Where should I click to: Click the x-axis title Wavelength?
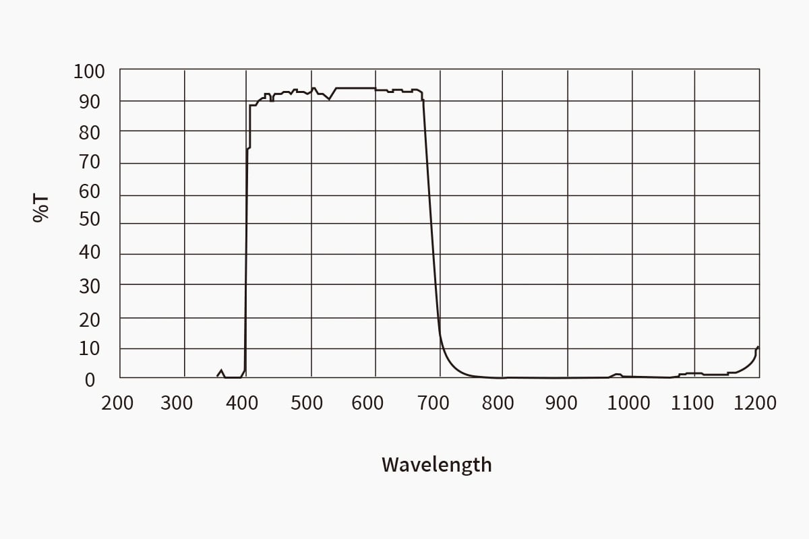(436, 464)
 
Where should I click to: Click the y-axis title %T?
(41, 208)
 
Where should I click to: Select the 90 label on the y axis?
(89, 101)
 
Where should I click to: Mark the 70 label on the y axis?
(89, 162)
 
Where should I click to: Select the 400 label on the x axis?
(242, 403)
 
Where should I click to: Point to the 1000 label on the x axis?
(628, 403)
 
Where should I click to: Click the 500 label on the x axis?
(307, 403)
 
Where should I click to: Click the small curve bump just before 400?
(221, 370)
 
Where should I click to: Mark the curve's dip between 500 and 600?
(329, 99)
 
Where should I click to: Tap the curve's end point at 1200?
(758, 347)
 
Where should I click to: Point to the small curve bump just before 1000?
(617, 374)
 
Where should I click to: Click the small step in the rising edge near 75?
(249, 148)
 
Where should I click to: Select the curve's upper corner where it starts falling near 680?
(422, 92)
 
